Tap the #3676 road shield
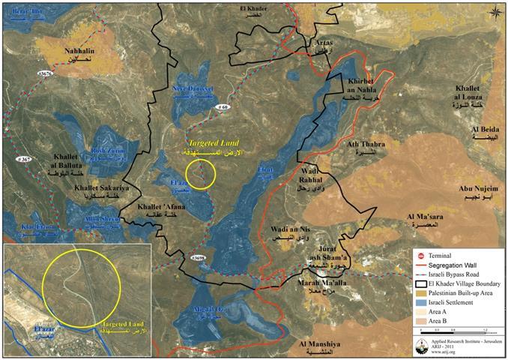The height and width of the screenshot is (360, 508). pyautogui.click(x=44, y=73)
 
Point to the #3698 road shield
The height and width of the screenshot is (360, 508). pyautogui.click(x=199, y=259)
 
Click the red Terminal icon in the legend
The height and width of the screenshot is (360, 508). pyautogui.click(x=420, y=254)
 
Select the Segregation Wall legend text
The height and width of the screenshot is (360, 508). pyautogui.click(x=461, y=265)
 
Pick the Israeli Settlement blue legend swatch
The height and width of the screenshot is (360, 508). pyautogui.click(x=420, y=301)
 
